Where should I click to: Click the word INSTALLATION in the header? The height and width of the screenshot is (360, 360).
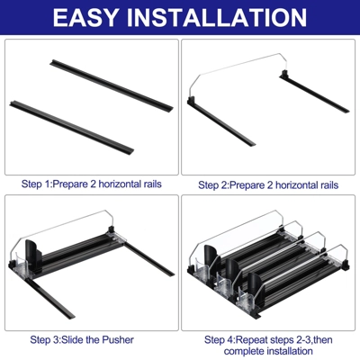point(217,17)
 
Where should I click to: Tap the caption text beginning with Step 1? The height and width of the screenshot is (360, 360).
point(92,184)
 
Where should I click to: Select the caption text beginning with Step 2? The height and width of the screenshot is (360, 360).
point(268,185)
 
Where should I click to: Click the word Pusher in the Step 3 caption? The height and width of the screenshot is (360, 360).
point(118,340)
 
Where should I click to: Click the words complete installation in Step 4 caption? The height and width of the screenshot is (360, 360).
point(268,351)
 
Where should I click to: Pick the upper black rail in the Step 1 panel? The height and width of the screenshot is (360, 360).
point(112,85)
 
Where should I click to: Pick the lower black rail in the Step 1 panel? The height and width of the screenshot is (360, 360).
point(71,128)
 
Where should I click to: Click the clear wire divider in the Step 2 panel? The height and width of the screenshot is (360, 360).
point(237,65)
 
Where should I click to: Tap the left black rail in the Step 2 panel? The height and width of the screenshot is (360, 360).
point(221,122)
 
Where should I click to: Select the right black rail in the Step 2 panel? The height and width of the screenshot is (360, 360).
point(314,92)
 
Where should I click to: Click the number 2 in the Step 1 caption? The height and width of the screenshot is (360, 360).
point(94,184)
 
